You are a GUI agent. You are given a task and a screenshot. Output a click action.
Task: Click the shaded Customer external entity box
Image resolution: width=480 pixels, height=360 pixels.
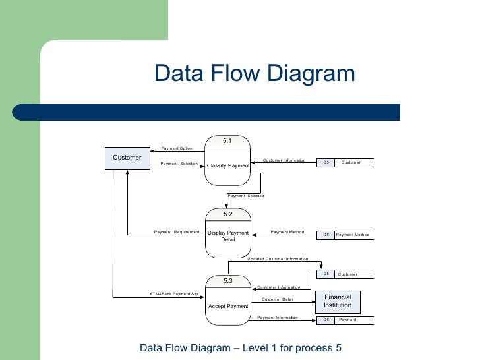point(127,158)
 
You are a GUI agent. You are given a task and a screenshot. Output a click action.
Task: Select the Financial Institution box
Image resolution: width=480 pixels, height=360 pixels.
point(338,301)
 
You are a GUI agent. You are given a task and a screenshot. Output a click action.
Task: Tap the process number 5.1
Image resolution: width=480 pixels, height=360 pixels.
point(227,141)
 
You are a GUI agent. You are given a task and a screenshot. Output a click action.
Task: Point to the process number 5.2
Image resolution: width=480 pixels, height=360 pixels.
point(227,214)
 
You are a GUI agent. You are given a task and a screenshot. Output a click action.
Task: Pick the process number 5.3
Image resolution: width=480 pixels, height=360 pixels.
point(227,282)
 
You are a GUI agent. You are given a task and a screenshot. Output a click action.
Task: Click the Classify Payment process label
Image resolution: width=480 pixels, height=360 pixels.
point(227,165)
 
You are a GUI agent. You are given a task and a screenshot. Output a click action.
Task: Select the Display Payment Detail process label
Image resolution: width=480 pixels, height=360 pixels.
point(227,236)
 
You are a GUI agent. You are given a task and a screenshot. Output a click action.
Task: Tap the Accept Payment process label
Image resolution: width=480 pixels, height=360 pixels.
point(227,306)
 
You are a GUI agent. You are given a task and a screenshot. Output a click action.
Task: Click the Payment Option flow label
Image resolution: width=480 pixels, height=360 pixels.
point(177,148)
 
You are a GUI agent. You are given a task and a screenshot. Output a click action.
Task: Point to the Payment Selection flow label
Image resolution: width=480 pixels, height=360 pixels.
point(179,164)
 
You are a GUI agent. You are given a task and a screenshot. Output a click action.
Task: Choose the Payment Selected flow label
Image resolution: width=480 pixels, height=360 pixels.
point(245,196)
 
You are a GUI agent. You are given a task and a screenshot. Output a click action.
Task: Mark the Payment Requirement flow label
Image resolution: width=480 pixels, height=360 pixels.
point(177,232)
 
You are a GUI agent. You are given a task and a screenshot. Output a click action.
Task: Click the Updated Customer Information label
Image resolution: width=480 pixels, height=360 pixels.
point(278,259)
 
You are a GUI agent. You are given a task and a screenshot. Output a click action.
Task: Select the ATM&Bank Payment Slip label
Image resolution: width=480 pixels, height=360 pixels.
point(174,293)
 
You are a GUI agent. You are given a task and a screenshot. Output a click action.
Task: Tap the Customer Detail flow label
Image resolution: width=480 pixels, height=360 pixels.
point(278,299)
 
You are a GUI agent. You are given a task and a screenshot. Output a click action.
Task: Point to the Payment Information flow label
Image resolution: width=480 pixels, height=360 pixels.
point(277,318)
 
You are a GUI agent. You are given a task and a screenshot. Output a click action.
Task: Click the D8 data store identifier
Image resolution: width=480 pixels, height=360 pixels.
point(326,235)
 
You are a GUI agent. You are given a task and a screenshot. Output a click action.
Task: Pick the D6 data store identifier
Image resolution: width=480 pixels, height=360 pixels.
point(326,320)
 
